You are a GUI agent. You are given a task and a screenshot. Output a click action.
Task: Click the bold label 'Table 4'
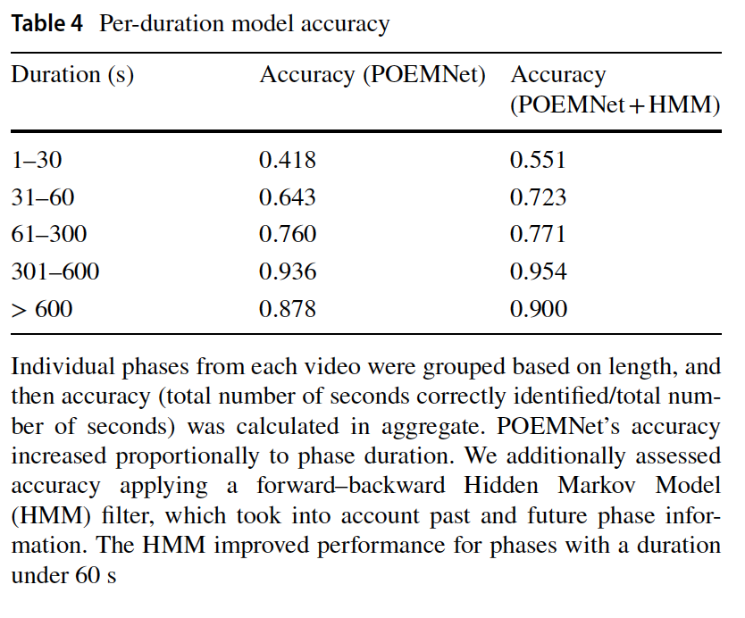pos(49,23)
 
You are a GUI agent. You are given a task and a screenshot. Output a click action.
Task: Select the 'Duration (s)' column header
pos(72,75)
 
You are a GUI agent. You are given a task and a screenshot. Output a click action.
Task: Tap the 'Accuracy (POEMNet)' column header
pos(372,75)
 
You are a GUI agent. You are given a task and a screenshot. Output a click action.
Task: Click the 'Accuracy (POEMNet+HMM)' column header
pos(615,90)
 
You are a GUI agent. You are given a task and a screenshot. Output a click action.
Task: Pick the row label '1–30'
pos(37,160)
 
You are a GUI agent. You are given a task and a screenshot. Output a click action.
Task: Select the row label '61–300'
pos(49,235)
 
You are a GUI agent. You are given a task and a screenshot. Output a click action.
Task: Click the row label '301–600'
pos(55,272)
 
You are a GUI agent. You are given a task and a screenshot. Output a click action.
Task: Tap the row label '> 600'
pos(42,310)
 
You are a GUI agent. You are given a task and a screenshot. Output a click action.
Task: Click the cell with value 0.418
pos(288,160)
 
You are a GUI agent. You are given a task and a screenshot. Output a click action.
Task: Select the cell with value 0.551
pos(539,160)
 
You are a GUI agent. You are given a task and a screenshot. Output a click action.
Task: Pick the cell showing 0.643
pos(288,197)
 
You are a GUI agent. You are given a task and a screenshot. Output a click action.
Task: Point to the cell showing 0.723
pos(539,197)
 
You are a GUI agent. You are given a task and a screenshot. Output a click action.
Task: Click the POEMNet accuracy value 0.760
pos(288,235)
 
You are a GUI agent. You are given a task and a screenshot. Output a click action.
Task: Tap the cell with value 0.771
pos(539,235)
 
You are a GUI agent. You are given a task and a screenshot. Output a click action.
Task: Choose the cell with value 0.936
pos(288,272)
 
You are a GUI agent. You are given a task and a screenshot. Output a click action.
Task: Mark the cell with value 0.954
pos(539,272)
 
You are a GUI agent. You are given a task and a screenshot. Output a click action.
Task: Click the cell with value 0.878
pos(288,310)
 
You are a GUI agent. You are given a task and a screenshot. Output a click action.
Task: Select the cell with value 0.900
pos(539,310)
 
